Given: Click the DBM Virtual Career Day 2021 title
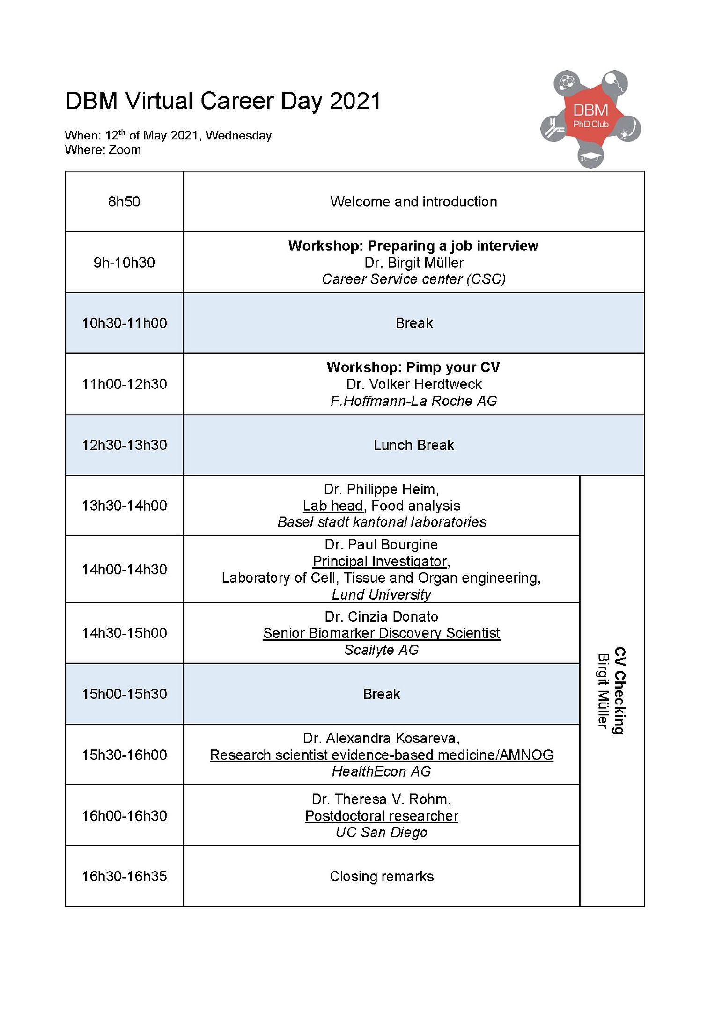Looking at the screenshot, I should point(223,101).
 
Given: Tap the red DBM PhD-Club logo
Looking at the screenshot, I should point(590,117).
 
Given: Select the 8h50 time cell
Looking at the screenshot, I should point(124,202).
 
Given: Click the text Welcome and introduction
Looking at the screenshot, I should point(413,202).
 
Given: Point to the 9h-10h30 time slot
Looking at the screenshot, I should point(124,263).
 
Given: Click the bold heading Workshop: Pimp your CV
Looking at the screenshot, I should point(413,367).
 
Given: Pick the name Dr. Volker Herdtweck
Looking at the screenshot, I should point(413,384).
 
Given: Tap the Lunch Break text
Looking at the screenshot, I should point(413,445).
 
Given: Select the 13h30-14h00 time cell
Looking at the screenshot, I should point(124,505).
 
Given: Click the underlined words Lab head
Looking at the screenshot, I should point(332,505).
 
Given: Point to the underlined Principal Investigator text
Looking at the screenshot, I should point(380,561).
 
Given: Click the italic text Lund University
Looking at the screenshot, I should point(381,594).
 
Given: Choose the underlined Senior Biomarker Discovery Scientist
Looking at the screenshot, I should point(381,633).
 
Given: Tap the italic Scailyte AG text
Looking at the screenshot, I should point(381,650).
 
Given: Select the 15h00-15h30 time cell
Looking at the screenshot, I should point(124,694).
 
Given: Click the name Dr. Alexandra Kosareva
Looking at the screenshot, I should point(381,738).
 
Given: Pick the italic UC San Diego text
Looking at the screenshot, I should point(381,832).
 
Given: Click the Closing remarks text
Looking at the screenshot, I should point(381,876).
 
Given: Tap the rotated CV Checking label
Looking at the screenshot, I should point(619,691).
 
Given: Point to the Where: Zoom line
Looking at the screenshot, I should point(103,150).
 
